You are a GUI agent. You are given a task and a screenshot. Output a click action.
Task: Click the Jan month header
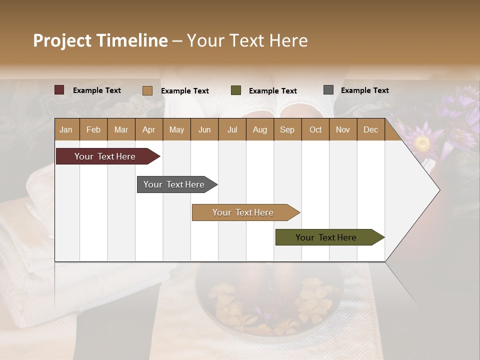pyautogui.click(x=66, y=129)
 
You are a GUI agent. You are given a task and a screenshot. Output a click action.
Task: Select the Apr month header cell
pyautogui.click(x=149, y=129)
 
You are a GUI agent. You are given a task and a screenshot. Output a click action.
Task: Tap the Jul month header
pyautogui.click(x=232, y=129)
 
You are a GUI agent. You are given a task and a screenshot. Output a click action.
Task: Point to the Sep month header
pyautogui.click(x=287, y=129)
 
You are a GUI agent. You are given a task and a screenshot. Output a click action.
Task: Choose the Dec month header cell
pyautogui.click(x=370, y=129)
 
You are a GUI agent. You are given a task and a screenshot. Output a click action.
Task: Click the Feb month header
pyautogui.click(x=93, y=129)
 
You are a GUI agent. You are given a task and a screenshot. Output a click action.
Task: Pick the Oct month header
pyautogui.click(x=315, y=129)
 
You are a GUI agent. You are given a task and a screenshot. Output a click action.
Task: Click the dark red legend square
pyautogui.click(x=59, y=90)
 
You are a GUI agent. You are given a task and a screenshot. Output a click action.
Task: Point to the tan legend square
pyautogui.click(x=147, y=90)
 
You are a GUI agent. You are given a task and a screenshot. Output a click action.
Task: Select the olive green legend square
pyautogui.click(x=236, y=90)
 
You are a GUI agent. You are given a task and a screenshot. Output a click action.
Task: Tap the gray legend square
pyautogui.click(x=328, y=90)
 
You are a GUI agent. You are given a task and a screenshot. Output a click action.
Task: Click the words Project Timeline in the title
pyautogui.click(x=100, y=40)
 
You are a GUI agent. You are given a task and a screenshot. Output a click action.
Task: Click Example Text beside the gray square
pyautogui.click(x=364, y=90)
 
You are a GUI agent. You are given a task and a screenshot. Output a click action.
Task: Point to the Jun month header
pyautogui.click(x=204, y=129)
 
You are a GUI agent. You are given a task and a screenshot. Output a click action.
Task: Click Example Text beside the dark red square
pyautogui.click(x=96, y=90)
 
